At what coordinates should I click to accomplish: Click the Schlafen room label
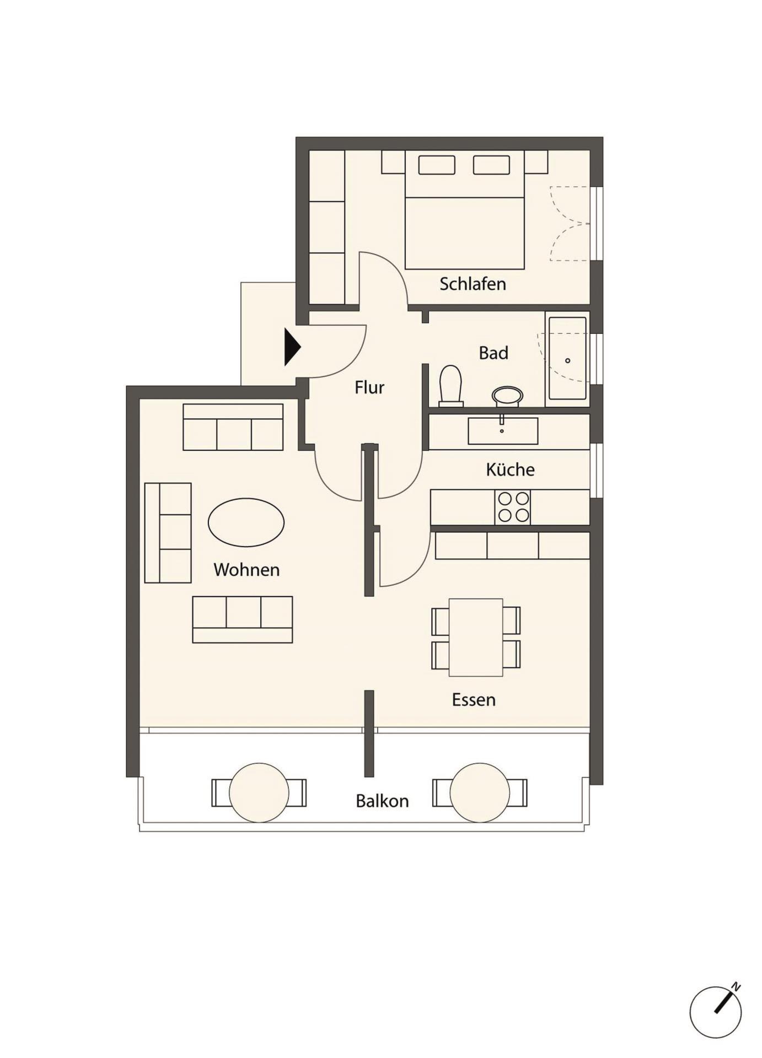click(473, 284)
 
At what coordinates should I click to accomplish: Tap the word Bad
click(493, 353)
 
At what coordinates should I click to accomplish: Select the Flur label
click(369, 387)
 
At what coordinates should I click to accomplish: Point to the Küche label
click(510, 469)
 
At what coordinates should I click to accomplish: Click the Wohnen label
click(246, 569)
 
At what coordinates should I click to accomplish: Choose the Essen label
click(474, 699)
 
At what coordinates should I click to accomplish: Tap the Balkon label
click(382, 801)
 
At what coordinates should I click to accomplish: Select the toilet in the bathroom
click(450, 385)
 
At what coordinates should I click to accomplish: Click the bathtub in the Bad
click(567, 358)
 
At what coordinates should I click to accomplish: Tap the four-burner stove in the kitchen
click(513, 507)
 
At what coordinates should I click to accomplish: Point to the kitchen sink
click(503, 431)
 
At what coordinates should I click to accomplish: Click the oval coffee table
click(246, 522)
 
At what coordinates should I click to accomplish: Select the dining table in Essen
click(476, 637)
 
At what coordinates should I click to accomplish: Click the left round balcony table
click(259, 792)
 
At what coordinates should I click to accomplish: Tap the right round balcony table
click(480, 792)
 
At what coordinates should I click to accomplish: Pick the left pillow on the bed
click(437, 165)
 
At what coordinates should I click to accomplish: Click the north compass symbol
click(716, 1011)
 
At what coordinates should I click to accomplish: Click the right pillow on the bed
click(491, 165)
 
